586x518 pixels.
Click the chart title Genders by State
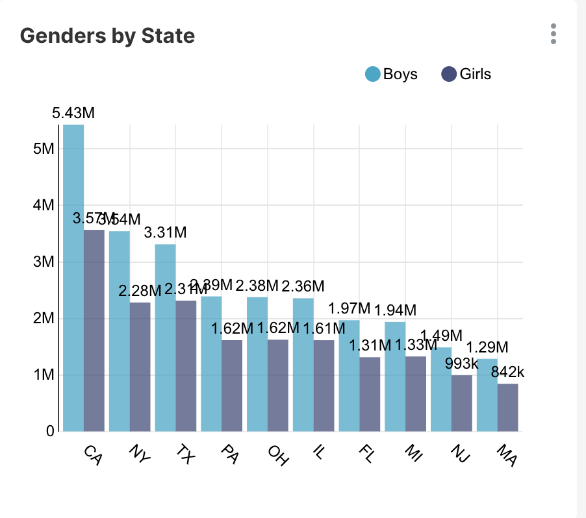click(107, 36)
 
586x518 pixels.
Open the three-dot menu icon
click(554, 34)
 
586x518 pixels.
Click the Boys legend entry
click(391, 74)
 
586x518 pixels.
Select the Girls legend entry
click(466, 74)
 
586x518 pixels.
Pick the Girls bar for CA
click(94, 330)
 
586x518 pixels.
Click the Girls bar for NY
click(140, 367)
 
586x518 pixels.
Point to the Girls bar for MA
click(507, 407)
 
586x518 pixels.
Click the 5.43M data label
click(73, 113)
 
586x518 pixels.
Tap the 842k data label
click(507, 372)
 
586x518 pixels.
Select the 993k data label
click(462, 364)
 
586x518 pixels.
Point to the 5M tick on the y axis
click(44, 149)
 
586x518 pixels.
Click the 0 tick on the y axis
click(50, 431)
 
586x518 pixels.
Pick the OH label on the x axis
click(278, 454)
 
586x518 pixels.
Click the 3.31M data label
click(165, 232)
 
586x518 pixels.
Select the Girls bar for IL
click(324, 386)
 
